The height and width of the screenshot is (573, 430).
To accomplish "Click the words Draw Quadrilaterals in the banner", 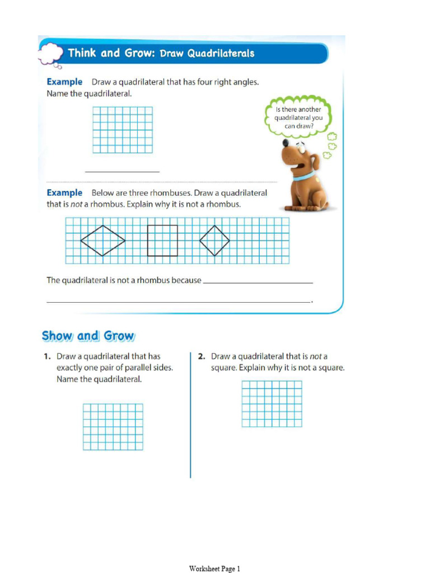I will tap(207, 54).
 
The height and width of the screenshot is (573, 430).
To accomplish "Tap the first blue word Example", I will tap(64, 82).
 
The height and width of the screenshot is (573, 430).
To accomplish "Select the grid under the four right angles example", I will tap(122, 130).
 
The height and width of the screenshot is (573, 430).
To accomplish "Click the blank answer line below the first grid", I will tap(122, 171).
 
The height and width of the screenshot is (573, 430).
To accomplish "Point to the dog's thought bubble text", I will tap(298, 118).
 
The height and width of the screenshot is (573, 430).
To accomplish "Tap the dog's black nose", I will tap(286, 143).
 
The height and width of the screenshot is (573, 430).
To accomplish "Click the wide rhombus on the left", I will tap(102, 241).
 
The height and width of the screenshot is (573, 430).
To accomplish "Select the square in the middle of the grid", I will tap(162, 241).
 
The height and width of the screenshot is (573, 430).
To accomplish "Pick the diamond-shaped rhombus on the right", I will tap(214, 241).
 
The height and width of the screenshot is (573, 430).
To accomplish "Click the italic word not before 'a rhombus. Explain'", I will tap(76, 205).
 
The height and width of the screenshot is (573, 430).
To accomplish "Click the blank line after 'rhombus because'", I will tap(258, 282).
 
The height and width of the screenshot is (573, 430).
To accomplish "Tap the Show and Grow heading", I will tap(88, 336).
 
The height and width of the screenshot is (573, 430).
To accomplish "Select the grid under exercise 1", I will tap(113, 426).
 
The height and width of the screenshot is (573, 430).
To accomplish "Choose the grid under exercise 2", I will tap(272, 403).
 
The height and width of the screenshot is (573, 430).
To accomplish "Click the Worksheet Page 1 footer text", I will tap(214, 569).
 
